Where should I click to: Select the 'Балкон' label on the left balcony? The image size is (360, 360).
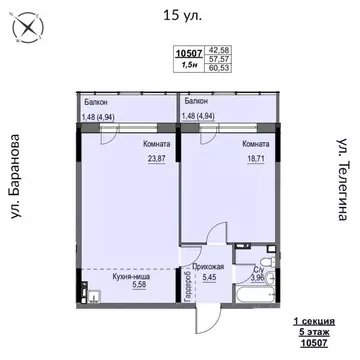pyautogui.click(x=96, y=102)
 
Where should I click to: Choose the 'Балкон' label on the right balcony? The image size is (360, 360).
pyautogui.click(x=196, y=102)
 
